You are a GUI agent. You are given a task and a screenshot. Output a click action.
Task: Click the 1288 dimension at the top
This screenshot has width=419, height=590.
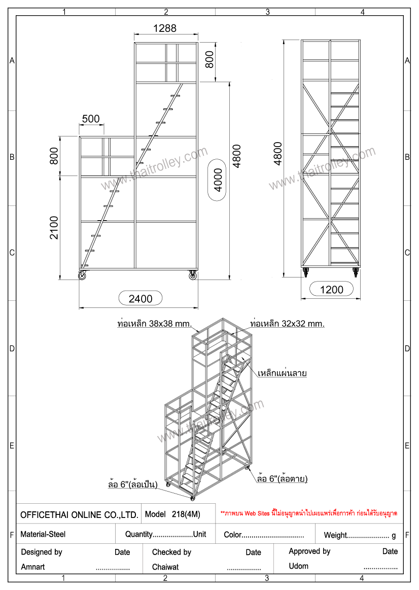(165, 28)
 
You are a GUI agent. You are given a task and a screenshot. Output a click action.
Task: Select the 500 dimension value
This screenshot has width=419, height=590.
(91, 119)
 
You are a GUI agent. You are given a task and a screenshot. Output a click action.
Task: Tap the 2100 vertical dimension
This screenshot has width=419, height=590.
(54, 228)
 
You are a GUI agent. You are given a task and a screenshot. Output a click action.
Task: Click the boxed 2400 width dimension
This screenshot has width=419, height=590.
(141, 298)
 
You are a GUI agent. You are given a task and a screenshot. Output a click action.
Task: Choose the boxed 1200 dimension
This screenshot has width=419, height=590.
(332, 290)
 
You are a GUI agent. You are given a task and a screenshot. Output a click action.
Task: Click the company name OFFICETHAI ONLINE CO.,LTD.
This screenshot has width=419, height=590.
(79, 515)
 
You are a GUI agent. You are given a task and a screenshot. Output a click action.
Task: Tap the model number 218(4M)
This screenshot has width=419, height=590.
(186, 514)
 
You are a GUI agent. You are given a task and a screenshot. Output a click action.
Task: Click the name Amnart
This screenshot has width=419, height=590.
(33, 567)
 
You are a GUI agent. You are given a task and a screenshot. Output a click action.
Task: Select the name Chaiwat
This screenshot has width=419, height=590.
(165, 567)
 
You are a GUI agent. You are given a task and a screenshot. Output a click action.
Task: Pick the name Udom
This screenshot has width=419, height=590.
(298, 566)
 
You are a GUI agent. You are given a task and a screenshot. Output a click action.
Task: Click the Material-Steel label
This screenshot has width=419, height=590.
(43, 534)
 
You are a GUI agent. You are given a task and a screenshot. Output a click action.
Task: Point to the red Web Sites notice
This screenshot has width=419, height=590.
(309, 513)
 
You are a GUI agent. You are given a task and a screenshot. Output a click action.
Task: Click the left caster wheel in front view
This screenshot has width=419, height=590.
(82, 275)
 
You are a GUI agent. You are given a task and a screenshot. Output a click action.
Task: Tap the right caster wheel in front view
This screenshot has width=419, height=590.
(192, 275)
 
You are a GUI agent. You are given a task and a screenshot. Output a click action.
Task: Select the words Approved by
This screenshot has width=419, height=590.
(309, 551)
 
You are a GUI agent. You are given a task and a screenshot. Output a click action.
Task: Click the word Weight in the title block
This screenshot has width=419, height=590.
(335, 535)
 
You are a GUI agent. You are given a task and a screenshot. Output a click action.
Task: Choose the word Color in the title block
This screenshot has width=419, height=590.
(232, 535)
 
